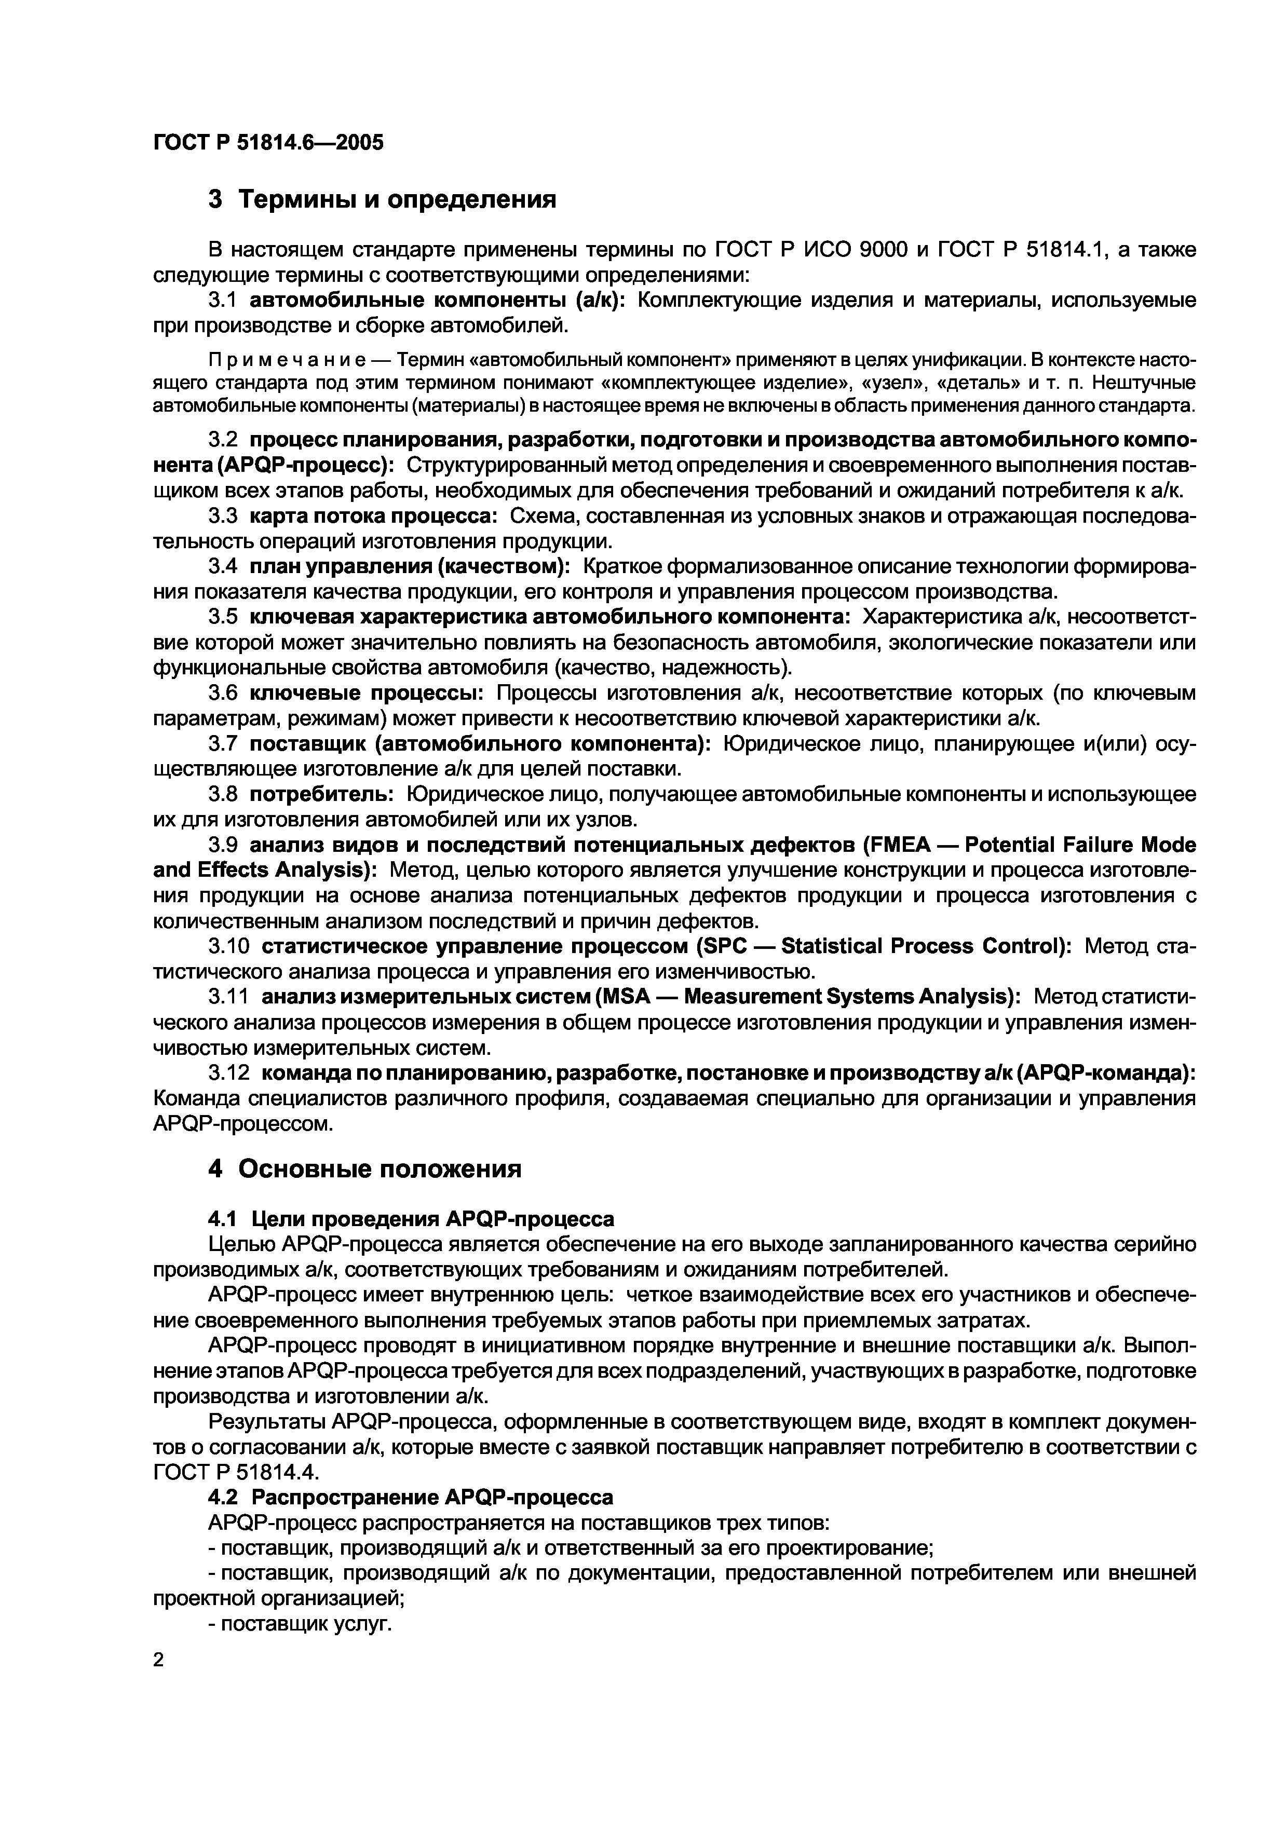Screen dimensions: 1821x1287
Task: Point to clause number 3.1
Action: tap(223, 301)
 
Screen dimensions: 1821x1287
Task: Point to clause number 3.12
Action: tap(228, 1072)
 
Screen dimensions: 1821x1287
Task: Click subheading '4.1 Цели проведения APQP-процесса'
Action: tap(410, 1217)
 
